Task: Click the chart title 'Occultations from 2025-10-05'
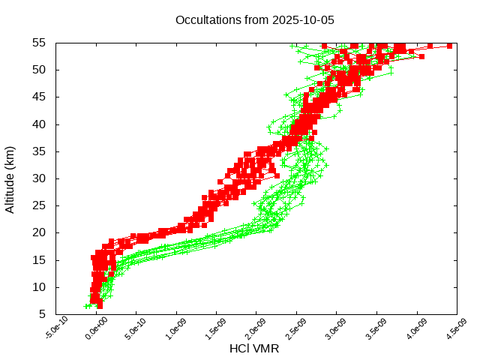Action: [x=254, y=19]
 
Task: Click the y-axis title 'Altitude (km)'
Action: [x=10, y=178]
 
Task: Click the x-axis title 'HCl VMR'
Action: [x=254, y=349]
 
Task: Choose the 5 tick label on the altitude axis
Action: [x=43, y=314]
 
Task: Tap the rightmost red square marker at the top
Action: [x=449, y=46]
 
